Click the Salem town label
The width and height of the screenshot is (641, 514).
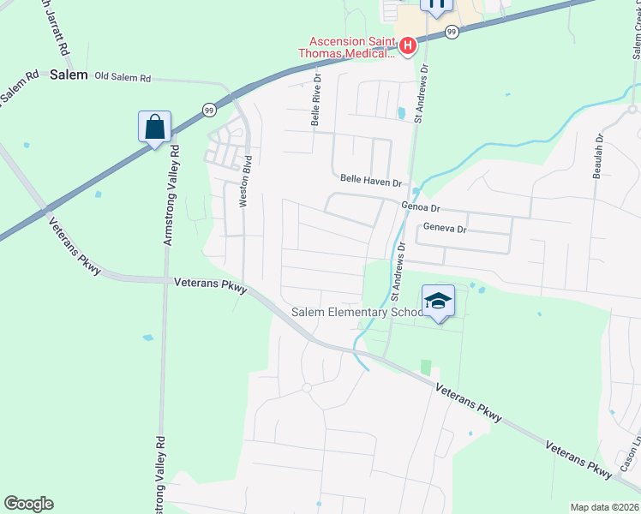pyautogui.click(x=69, y=75)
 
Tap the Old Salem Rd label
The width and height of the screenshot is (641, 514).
pyautogui.click(x=123, y=77)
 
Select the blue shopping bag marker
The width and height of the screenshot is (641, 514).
pyautogui.click(x=154, y=127)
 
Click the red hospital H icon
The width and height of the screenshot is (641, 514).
pyautogui.click(x=408, y=45)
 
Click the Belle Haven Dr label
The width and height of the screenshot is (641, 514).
pyautogui.click(x=371, y=182)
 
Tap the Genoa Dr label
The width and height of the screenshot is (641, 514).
pyautogui.click(x=420, y=208)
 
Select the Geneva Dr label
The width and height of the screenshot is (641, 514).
pyautogui.click(x=445, y=229)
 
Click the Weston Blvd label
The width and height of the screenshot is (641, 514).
pyautogui.click(x=246, y=181)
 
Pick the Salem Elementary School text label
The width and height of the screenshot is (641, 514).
pyautogui.click(x=356, y=313)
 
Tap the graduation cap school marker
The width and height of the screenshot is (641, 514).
pyautogui.click(x=438, y=301)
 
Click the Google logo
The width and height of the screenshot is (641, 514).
pyautogui.click(x=28, y=504)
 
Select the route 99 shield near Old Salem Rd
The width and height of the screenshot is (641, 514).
pyautogui.click(x=208, y=109)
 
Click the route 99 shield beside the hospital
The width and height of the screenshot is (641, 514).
pyautogui.click(x=452, y=31)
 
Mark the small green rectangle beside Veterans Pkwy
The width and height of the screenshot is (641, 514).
pyautogui.click(x=426, y=367)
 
